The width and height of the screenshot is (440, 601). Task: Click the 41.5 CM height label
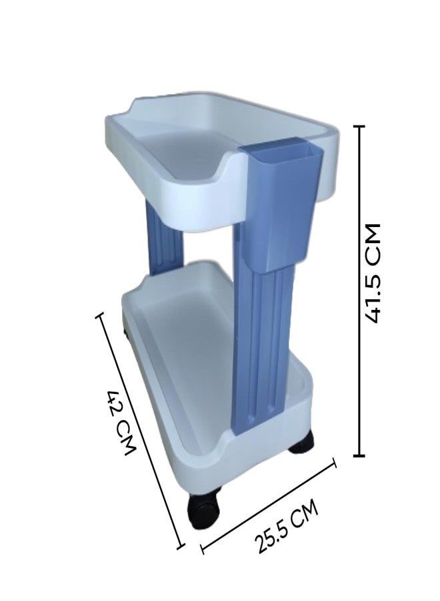click(372, 273)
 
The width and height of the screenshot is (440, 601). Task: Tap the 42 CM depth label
click(121, 423)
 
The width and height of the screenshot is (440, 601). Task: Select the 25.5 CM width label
click(287, 526)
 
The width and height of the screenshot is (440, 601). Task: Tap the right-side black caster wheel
click(301, 441)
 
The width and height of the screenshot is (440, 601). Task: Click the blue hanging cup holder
click(281, 203)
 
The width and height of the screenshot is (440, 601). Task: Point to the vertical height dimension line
click(359, 290)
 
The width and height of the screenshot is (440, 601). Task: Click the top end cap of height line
click(359, 126)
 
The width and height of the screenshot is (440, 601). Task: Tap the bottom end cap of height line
click(359, 455)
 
